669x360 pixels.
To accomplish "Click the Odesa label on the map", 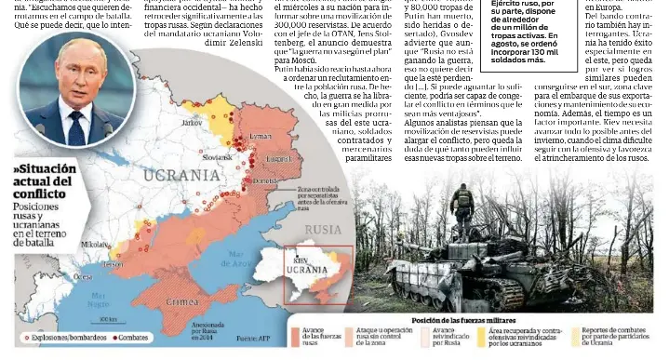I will point(83,276).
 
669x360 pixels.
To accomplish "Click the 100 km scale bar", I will point(108,321).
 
